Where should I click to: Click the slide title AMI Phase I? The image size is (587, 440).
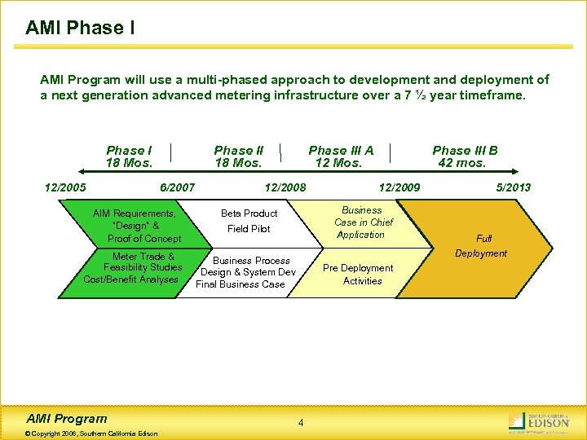[80, 28]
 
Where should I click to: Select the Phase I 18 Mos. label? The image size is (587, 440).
[129, 156]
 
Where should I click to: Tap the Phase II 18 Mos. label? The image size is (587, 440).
[238, 156]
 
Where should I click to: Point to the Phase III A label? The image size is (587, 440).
[340, 156]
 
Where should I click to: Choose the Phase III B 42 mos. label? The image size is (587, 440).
[464, 156]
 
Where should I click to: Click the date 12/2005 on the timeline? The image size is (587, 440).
[65, 187]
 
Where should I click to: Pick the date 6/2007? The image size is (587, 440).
[177, 187]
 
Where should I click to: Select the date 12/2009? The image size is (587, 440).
[399, 187]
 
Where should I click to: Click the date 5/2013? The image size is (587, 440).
[513, 187]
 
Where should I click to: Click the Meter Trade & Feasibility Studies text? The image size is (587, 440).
[132, 268]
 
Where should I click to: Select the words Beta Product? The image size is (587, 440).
[249, 213]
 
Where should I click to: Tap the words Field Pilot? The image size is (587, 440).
[249, 229]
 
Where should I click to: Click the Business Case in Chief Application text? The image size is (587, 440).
[363, 222]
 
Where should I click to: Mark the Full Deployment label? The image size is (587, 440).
[482, 245]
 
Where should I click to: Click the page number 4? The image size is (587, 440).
[301, 422]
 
